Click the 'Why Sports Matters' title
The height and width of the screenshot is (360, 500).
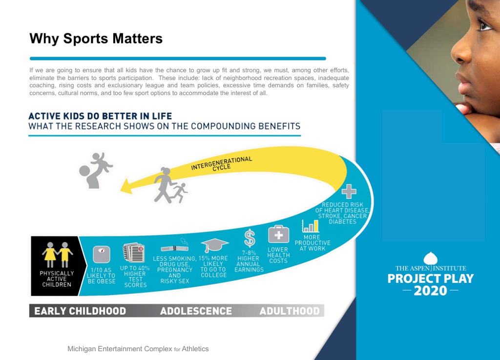click(96, 39)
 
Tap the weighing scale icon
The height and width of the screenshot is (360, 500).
click(102, 254)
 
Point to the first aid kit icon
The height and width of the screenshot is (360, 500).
click(278, 235)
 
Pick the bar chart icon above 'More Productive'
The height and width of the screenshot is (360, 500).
click(310, 225)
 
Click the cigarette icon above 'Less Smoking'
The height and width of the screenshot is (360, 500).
click(175, 247)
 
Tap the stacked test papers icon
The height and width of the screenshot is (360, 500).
click(134, 253)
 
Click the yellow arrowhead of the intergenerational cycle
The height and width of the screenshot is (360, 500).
click(126, 186)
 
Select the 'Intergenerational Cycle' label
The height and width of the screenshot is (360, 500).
click(222, 164)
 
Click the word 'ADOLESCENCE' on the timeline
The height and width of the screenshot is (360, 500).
click(196, 311)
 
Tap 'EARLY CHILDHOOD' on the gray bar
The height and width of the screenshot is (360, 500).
click(80, 311)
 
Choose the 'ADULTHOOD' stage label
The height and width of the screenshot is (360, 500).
click(290, 311)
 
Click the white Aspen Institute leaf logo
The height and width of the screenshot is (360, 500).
click(431, 258)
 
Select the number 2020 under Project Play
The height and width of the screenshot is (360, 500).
click(431, 291)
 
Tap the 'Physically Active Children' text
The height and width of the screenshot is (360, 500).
click(57, 279)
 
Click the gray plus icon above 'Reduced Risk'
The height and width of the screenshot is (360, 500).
click(349, 191)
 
